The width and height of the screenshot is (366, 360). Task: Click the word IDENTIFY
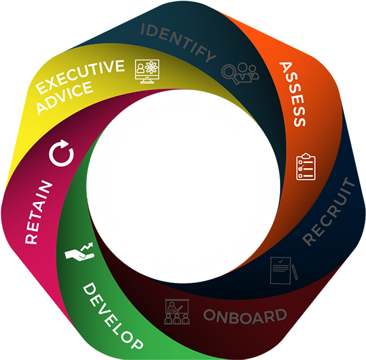click(178, 43)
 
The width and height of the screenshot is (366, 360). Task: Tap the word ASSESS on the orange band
click(293, 94)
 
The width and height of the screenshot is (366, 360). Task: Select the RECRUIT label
click(328, 212)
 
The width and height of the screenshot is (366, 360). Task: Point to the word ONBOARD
click(245, 316)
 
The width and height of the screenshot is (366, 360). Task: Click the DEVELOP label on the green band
click(113, 316)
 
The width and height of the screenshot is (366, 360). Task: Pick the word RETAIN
click(39, 212)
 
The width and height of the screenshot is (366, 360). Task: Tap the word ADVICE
click(65, 97)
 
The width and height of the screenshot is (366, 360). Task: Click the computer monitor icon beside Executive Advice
click(147, 71)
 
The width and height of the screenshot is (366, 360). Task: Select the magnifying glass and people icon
click(240, 73)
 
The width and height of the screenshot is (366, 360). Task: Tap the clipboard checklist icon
click(306, 167)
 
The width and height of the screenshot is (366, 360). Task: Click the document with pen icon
click(284, 270)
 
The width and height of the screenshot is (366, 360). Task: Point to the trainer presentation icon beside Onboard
click(177, 312)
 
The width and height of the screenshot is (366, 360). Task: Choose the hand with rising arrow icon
click(80, 252)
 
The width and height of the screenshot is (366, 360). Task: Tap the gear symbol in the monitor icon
click(151, 68)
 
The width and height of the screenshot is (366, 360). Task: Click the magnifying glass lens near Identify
click(229, 71)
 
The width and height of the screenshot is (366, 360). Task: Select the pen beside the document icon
click(295, 272)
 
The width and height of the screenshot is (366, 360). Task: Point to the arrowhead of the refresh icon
click(64, 143)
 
